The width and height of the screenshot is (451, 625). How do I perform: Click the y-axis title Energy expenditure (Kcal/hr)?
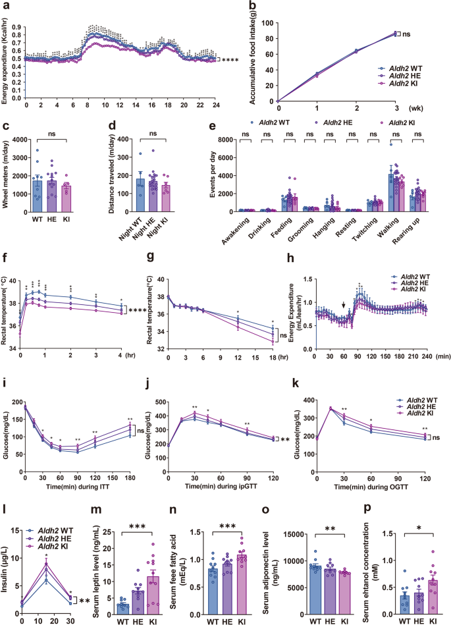pos(5,57)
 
